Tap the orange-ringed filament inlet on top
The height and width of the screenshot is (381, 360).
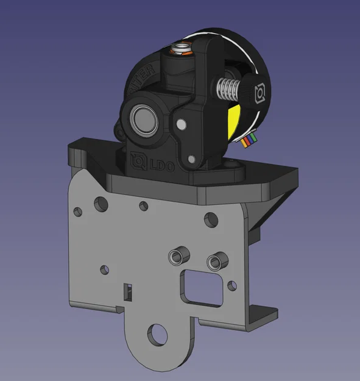tap(181, 49)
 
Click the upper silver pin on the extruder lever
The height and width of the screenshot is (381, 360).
tap(180, 124)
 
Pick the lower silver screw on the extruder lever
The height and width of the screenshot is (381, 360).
tap(194, 160)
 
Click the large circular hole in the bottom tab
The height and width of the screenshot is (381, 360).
tap(159, 334)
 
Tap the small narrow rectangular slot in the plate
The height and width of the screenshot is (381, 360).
tap(128, 291)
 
